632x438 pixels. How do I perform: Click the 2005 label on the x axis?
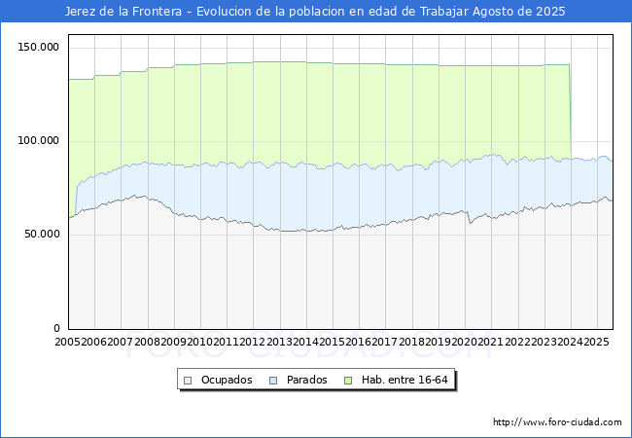pos(68,342)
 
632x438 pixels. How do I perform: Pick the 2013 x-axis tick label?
pos(279,342)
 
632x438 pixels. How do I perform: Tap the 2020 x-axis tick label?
pos(464,342)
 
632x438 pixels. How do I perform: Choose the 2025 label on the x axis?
pos(596,342)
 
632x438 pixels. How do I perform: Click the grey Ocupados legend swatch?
pos(189,380)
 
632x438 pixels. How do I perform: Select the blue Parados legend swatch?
pos(273,380)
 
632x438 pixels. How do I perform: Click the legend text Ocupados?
pos(227,380)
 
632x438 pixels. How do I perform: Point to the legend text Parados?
pos(306,380)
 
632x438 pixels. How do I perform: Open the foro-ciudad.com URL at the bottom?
pos(557,422)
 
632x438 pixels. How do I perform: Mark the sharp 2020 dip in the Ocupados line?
pos(471,223)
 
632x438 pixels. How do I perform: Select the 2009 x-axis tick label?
pos(174,342)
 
